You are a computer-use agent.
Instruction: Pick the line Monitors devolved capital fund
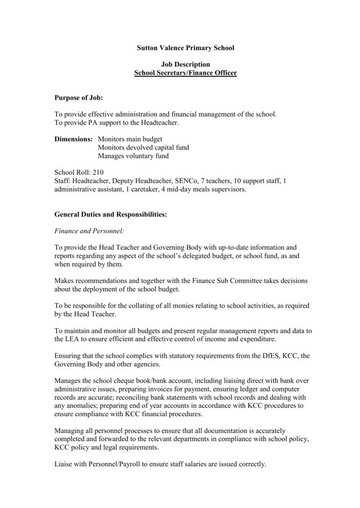[x=144, y=147]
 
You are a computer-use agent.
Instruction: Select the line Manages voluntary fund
[x=133, y=156]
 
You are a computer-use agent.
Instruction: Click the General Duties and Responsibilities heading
[x=110, y=214]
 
